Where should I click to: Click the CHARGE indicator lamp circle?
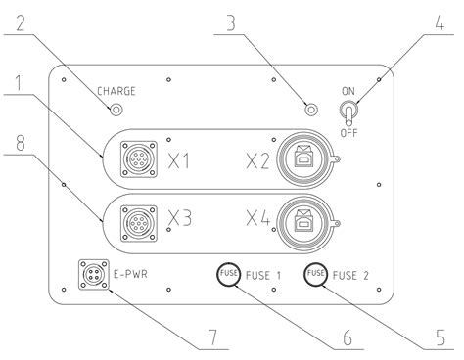[116, 110]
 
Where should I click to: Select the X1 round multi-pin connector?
[139, 159]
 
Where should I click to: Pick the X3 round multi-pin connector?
[139, 224]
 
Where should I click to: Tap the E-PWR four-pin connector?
[94, 274]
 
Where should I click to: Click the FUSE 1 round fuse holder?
[228, 274]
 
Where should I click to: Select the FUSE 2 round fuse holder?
[315, 274]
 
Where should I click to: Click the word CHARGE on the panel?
[116, 91]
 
